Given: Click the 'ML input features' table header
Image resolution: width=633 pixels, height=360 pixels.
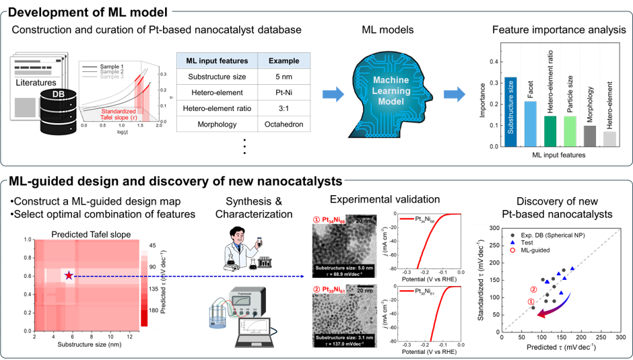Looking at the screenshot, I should click(x=217, y=61).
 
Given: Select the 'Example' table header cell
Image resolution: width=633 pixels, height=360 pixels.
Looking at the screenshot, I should click(x=284, y=61).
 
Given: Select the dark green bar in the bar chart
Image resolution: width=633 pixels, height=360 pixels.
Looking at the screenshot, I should click(x=550, y=131).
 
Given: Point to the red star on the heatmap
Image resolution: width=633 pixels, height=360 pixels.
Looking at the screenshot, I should click(x=69, y=275).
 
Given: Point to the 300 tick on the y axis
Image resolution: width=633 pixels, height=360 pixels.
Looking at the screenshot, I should click(x=495, y=229).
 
